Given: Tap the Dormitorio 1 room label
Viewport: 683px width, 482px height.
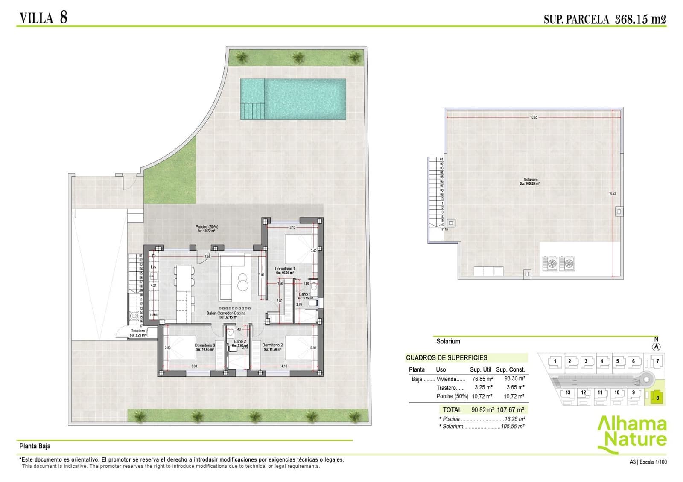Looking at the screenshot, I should pyautogui.click(x=285, y=269).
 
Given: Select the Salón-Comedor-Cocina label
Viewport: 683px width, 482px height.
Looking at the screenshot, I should pyautogui.click(x=226, y=314).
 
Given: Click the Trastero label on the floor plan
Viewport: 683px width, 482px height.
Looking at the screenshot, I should pyautogui.click(x=138, y=331).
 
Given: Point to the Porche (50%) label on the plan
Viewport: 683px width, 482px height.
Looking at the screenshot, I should pyautogui.click(x=207, y=227).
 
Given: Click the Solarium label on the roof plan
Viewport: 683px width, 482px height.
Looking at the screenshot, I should pyautogui.click(x=531, y=180).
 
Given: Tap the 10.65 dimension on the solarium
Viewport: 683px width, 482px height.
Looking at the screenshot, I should pyautogui.click(x=534, y=117).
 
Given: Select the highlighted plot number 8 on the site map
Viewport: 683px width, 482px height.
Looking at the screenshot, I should pyautogui.click(x=657, y=398).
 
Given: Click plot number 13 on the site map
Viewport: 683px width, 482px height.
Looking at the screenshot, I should pyautogui.click(x=568, y=392).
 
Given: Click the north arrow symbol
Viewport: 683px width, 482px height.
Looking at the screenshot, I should pyautogui.click(x=657, y=347).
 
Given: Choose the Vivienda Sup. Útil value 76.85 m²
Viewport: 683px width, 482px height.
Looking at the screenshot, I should pyautogui.click(x=482, y=379).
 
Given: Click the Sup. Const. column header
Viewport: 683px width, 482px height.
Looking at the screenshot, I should pyautogui.click(x=510, y=370).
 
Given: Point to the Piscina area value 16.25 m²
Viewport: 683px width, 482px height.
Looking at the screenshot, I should pyautogui.click(x=514, y=419).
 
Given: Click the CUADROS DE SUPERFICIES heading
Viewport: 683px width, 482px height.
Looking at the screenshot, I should pyautogui.click(x=446, y=358).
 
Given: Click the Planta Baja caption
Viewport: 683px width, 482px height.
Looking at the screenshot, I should pyautogui.click(x=35, y=446).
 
